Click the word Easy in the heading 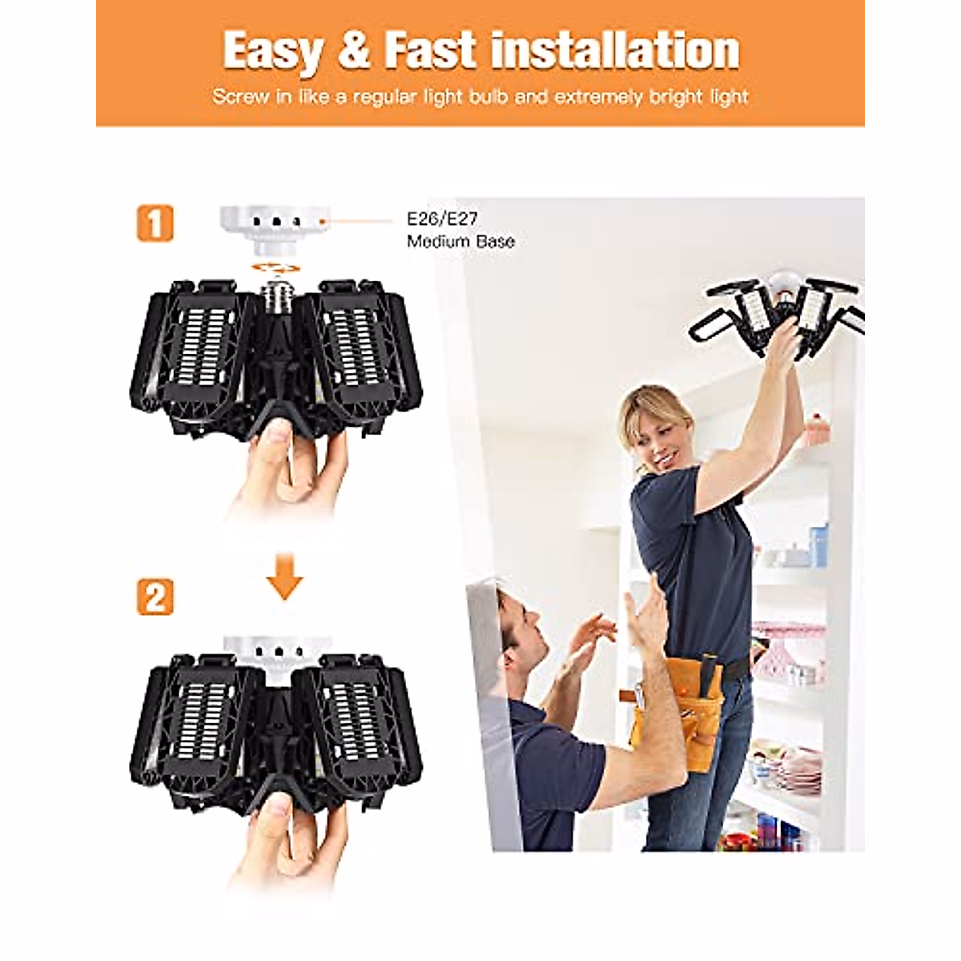tap(271, 51)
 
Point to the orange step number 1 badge tap(155, 223)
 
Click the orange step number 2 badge tap(155, 597)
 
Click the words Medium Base tap(460, 242)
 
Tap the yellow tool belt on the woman tap(681, 705)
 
